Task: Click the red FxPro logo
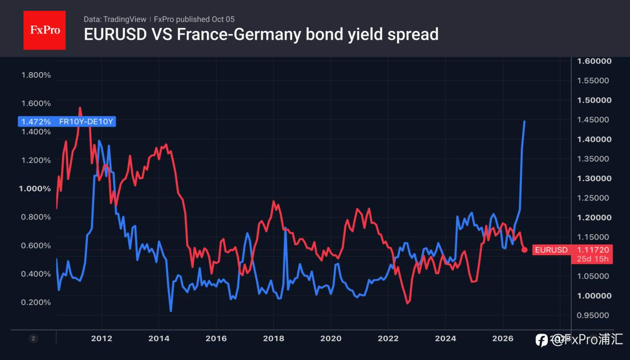click(44, 30)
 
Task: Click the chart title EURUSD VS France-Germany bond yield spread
click(261, 34)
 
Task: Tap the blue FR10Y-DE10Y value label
click(67, 121)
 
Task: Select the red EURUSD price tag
click(572, 254)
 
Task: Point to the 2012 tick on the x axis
click(101, 338)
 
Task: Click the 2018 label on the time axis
click(273, 338)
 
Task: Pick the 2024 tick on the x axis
click(445, 338)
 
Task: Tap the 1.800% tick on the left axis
click(36, 75)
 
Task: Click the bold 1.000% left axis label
click(35, 188)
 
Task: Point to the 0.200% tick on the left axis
click(36, 302)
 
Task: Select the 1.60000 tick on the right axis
click(594, 61)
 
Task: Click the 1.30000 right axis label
click(594, 179)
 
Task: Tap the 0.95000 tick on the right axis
click(593, 315)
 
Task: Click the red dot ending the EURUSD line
click(524, 249)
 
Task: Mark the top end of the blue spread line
click(525, 121)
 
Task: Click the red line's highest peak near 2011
click(80, 108)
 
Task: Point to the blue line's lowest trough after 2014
click(171, 311)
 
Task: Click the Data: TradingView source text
click(115, 19)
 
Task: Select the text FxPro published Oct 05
click(194, 19)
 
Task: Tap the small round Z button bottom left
click(33, 338)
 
